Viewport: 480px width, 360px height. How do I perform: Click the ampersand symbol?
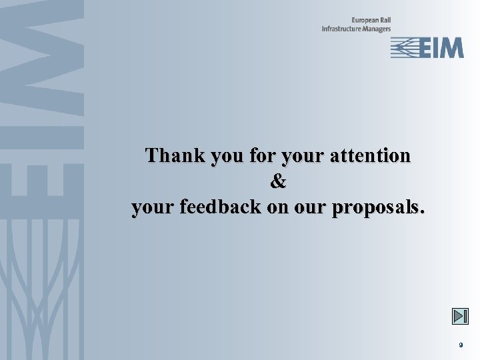278,181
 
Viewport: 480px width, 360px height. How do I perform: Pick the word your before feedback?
153,209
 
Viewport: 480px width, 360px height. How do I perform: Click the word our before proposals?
308,209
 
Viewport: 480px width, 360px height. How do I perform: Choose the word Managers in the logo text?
377,29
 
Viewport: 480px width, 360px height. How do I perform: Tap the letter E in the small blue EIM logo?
424,48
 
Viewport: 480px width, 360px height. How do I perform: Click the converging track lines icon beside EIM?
403,48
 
